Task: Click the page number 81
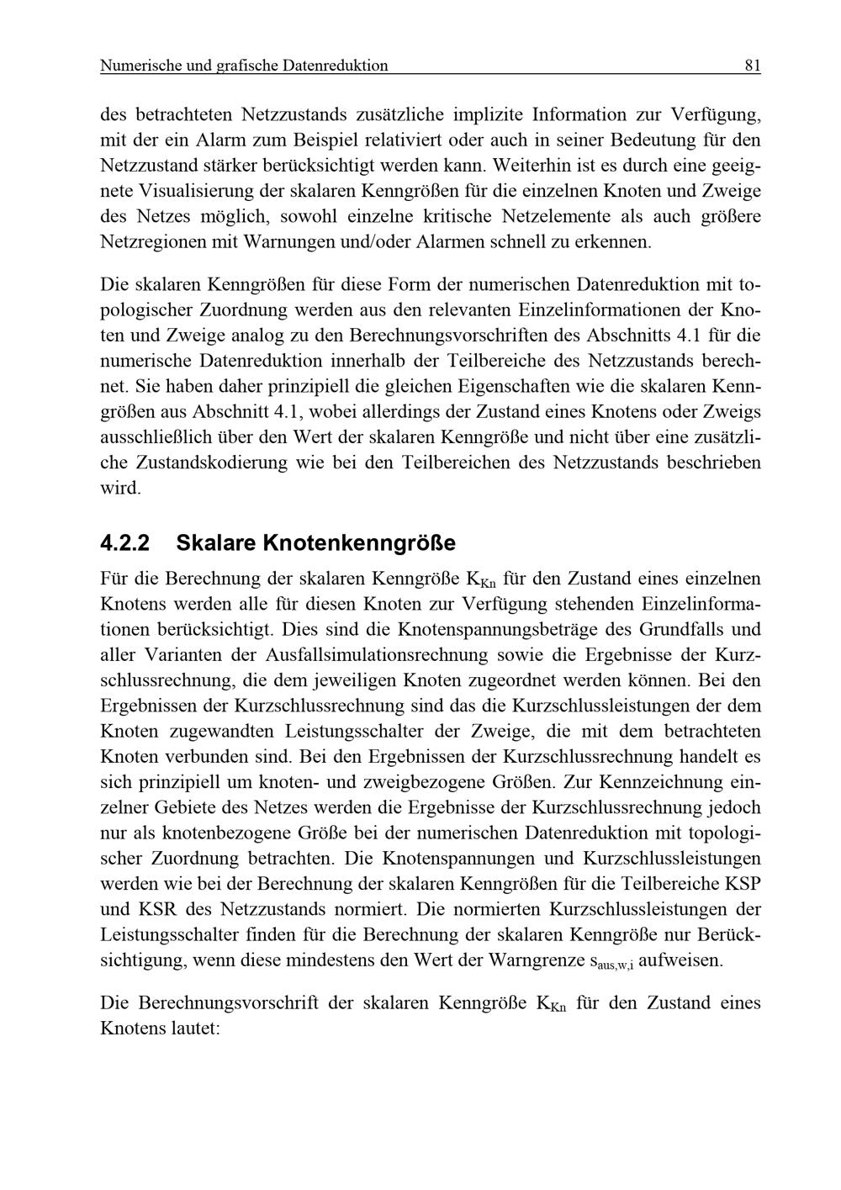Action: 752,66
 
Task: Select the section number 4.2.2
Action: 124,543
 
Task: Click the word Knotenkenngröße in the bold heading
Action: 359,543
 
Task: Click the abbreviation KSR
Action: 153,909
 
